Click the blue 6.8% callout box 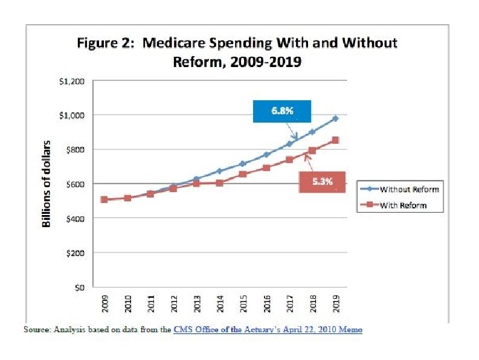pos(281,112)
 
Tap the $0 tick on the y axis pos(79,288)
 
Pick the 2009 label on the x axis pos(104,304)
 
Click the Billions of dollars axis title pos(47,184)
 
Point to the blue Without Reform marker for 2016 pos(266,155)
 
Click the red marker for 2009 pos(104,199)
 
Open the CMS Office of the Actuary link pos(268,330)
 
